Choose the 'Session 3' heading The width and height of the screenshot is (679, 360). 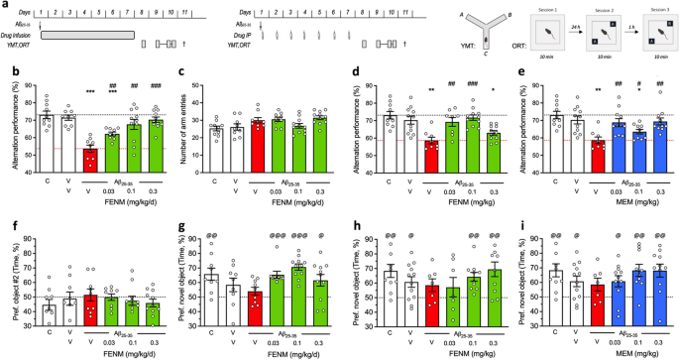649,6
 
